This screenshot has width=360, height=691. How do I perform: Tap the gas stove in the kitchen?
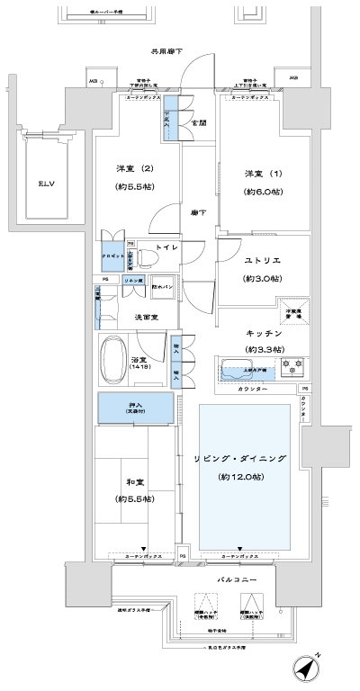[292, 367]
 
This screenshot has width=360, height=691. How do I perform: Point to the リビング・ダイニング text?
[240, 459]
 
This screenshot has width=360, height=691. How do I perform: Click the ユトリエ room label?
[263, 260]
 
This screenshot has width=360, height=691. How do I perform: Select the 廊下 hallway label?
[197, 211]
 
